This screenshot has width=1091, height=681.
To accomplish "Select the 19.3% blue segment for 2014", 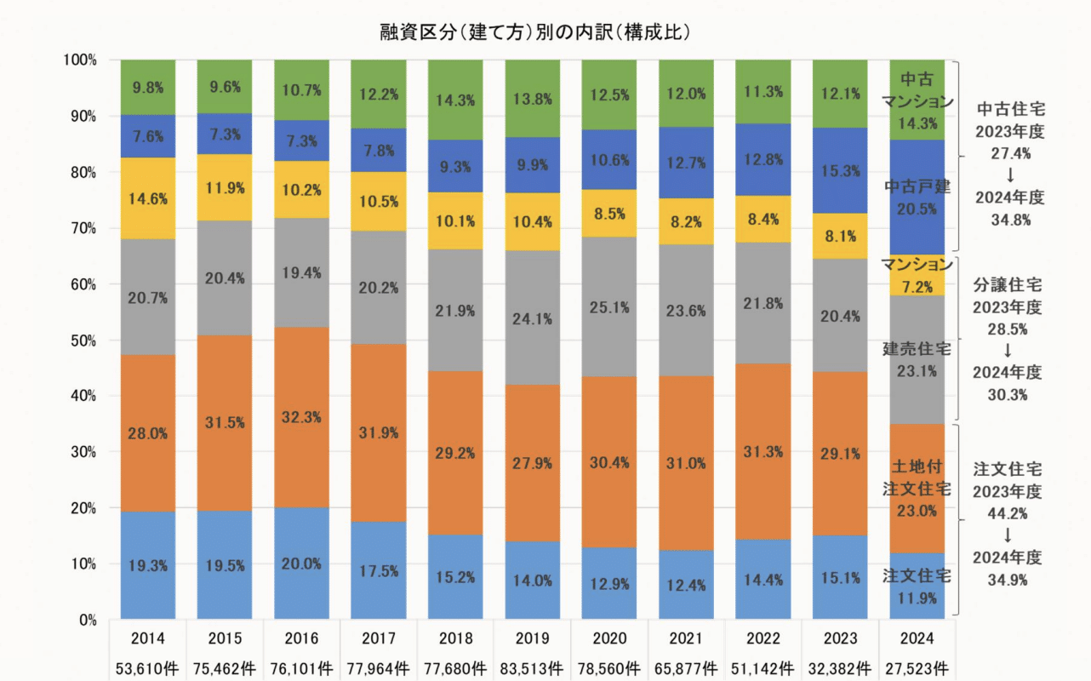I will [x=148, y=565].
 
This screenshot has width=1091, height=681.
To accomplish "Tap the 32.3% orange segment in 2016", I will [x=301, y=418].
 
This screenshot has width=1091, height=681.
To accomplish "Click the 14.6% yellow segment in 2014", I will [x=148, y=198].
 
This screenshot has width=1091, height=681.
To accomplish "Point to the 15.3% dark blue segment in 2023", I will [x=840, y=171].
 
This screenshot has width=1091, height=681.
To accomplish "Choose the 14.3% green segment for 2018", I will [x=455, y=100].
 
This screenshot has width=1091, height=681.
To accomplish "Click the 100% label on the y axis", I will [x=79, y=60].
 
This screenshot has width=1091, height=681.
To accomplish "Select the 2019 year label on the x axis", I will [x=532, y=638].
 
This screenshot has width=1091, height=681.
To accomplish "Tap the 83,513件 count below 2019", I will [x=532, y=667].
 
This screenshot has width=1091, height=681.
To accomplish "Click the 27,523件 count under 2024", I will [x=917, y=667].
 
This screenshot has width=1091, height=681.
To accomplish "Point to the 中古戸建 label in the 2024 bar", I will [x=917, y=186].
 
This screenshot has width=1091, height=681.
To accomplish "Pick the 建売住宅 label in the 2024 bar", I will [x=917, y=349].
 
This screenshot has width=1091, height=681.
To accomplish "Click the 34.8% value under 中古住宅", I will [x=1010, y=220].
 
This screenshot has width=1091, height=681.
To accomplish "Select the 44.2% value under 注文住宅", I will [x=1010, y=513].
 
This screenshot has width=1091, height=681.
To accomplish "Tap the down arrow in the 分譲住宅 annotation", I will [x=1010, y=350].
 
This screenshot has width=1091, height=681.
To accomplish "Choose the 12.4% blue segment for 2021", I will [x=686, y=584].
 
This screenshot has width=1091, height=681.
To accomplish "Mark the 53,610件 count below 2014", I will [x=148, y=667].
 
